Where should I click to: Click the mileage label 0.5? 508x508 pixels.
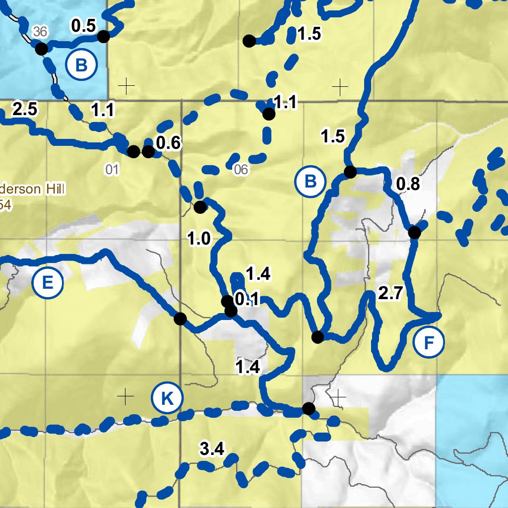click(x=83, y=26)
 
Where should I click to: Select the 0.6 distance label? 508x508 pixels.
click(x=168, y=143)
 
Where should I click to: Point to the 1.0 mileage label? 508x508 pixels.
click(x=199, y=239)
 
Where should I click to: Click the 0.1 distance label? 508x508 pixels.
click(x=247, y=299)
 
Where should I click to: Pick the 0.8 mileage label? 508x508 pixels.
click(x=408, y=184)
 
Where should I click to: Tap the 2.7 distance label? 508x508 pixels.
click(x=389, y=294)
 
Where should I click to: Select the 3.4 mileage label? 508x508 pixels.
click(x=212, y=449)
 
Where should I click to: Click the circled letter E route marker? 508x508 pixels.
click(x=48, y=283)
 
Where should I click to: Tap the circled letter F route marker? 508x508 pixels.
click(x=429, y=342)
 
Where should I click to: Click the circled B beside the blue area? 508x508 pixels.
click(x=82, y=65)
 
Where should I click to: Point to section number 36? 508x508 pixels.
click(x=40, y=32)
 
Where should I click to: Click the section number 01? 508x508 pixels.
click(x=112, y=170)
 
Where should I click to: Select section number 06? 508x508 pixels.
click(x=241, y=170)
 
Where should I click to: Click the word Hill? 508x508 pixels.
click(x=53, y=189)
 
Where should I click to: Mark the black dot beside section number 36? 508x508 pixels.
click(x=41, y=49)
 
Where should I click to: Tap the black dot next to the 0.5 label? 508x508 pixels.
click(x=103, y=36)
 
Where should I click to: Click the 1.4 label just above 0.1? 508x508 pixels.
click(x=258, y=273)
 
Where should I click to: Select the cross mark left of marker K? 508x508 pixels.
click(x=126, y=396)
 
